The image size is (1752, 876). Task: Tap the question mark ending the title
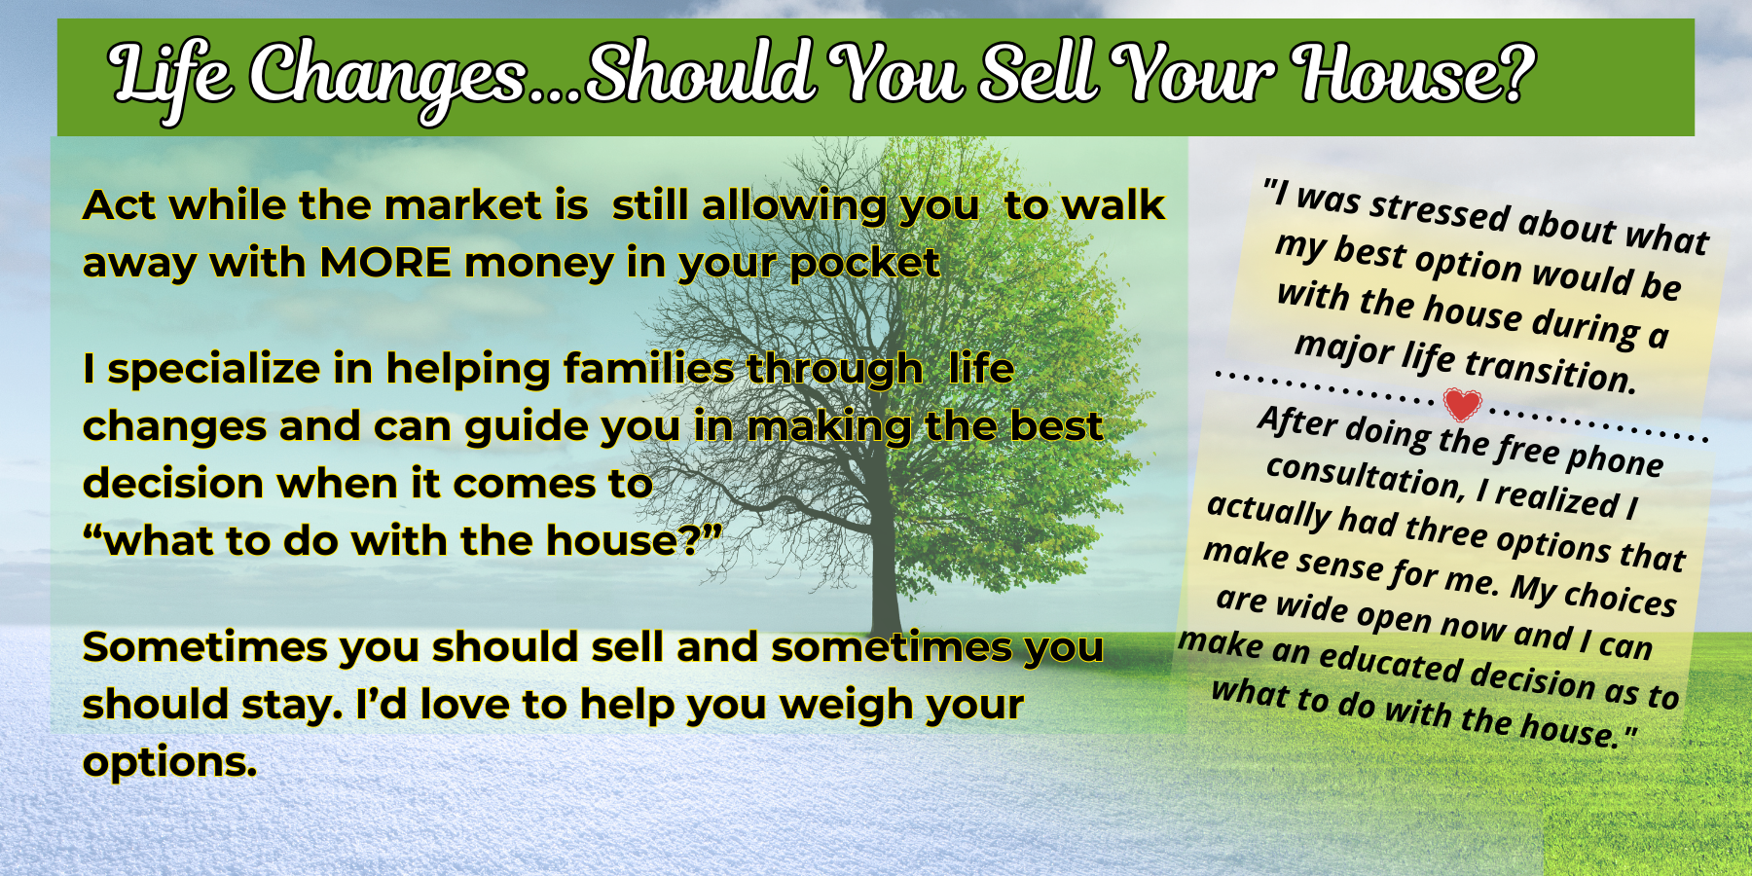point(1515,73)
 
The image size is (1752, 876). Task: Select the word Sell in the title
point(1036,73)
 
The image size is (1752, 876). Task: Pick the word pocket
point(864,264)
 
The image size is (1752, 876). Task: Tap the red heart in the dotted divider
point(1462,404)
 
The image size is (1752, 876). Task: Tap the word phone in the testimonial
point(1614,458)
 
